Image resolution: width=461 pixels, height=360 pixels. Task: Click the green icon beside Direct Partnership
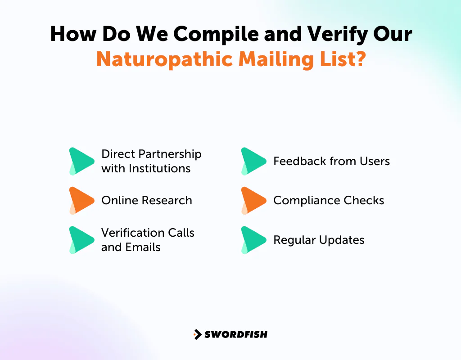tap(81, 161)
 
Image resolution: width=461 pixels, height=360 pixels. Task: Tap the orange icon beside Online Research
tap(81, 200)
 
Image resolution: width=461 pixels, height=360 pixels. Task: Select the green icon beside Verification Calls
tap(81, 240)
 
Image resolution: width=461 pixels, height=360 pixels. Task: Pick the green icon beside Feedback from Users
tap(253, 161)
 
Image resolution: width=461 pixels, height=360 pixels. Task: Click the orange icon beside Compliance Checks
tap(253, 200)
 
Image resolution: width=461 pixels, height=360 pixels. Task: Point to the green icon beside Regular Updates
tap(253, 240)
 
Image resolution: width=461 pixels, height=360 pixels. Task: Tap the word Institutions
tap(159, 168)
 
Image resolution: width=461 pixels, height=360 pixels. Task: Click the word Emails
tap(143, 247)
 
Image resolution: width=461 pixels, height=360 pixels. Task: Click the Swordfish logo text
tap(236, 334)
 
